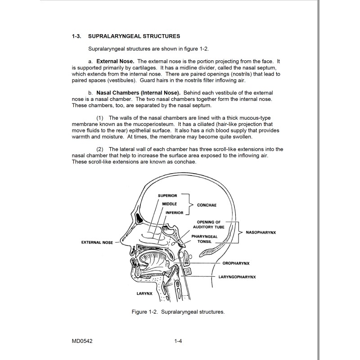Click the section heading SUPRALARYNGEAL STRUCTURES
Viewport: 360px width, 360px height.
click(135, 36)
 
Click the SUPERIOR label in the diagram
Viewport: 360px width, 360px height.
click(167, 196)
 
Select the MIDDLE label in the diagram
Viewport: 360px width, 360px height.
click(170, 204)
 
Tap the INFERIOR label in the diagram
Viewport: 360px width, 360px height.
click(175, 213)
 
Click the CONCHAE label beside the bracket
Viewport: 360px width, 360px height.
click(207, 205)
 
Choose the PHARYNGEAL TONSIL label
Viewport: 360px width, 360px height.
click(205, 238)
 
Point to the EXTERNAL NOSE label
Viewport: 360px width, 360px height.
click(97, 242)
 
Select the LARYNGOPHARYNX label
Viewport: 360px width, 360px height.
click(237, 277)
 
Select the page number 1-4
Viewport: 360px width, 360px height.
click(178, 342)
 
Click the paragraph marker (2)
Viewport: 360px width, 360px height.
click(100, 149)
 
